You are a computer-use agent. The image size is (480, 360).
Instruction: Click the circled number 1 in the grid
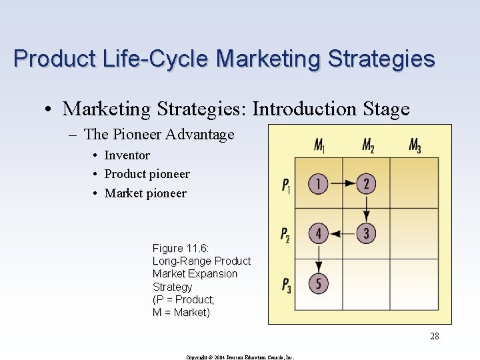319,183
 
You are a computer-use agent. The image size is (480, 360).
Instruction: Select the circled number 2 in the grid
366,183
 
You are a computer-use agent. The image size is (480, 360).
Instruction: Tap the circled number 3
366,233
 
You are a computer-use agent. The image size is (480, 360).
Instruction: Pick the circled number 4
319,233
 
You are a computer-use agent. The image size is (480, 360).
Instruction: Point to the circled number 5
319,283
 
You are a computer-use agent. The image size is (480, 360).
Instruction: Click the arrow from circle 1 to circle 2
343,183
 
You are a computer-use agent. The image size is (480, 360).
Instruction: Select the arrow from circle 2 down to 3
366,209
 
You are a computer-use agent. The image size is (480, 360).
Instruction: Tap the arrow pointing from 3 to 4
343,233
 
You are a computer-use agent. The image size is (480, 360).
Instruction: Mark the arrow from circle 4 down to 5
319,259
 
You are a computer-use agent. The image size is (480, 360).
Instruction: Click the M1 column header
320,145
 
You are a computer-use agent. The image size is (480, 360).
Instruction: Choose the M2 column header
368,145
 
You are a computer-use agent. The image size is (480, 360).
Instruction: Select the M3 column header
415,145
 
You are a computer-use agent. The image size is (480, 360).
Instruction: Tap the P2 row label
286,235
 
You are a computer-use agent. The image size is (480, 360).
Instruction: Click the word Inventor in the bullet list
127,155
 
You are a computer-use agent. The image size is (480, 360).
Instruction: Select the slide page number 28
434,336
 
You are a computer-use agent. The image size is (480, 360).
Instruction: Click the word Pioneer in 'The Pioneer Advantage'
137,134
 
